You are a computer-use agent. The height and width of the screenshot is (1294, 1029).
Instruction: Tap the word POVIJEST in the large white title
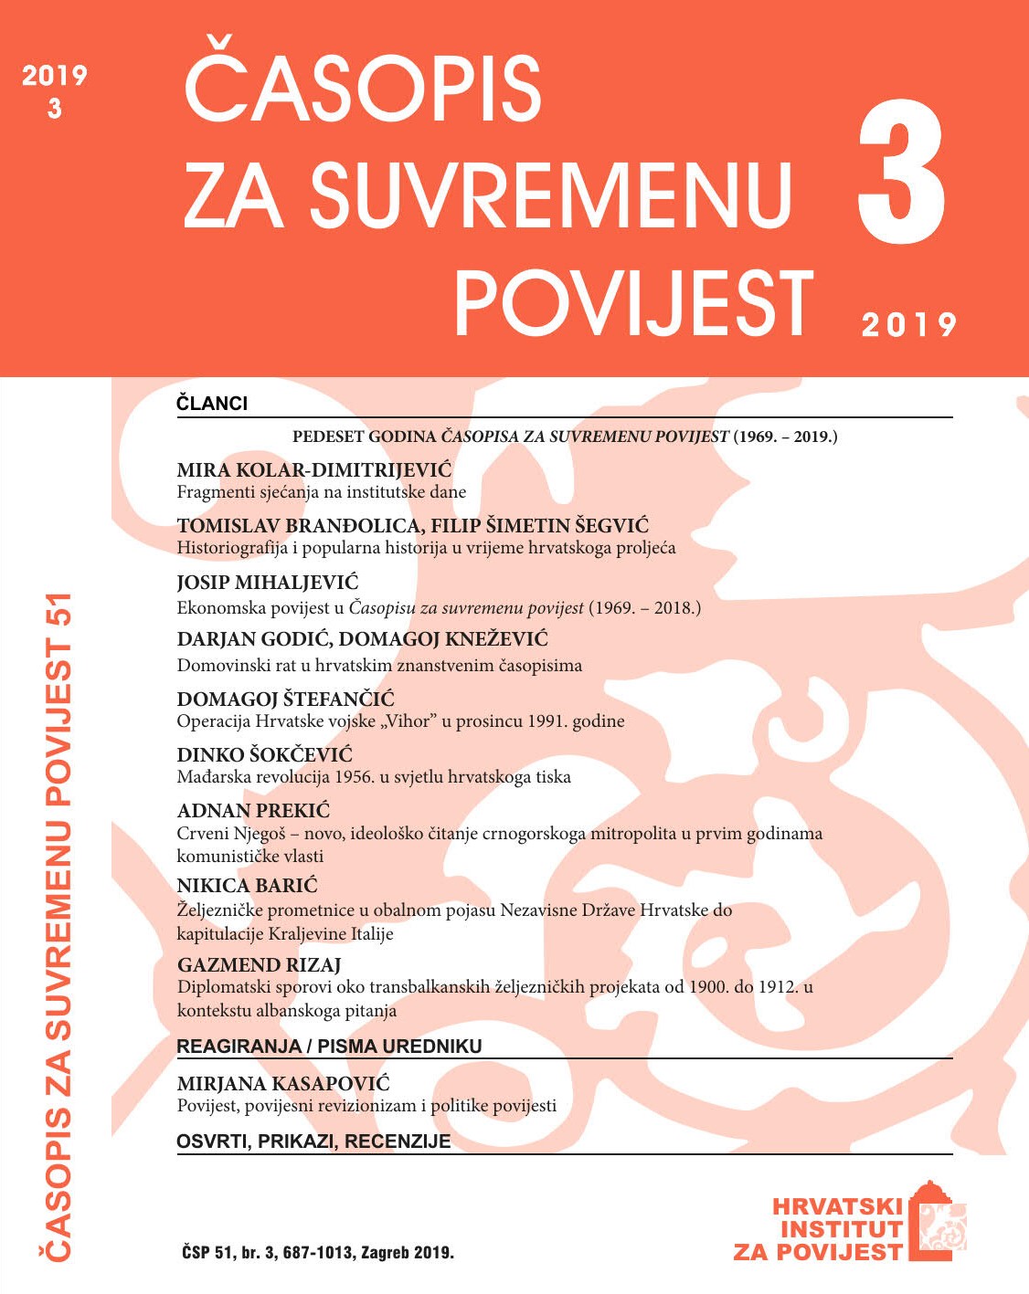(x=633, y=304)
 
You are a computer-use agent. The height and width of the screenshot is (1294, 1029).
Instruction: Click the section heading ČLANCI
(x=212, y=403)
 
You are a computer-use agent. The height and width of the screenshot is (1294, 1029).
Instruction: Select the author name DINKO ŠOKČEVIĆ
(x=264, y=755)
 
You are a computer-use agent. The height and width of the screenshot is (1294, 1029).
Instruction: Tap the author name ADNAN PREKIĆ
(x=253, y=811)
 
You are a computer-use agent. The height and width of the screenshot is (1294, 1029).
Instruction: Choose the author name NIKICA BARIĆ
(x=247, y=886)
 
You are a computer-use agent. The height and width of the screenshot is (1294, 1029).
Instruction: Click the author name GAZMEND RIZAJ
(x=259, y=965)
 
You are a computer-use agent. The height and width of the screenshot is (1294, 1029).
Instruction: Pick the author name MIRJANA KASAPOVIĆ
(x=283, y=1084)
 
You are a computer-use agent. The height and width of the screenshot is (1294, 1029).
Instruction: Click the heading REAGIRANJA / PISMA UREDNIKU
(x=329, y=1047)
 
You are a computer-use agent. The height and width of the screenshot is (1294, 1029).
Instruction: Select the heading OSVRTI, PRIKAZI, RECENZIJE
(x=313, y=1141)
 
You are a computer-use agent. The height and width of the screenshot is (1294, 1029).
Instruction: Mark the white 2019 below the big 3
(x=908, y=324)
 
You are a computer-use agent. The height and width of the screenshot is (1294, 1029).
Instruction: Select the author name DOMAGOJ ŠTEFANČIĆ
(x=285, y=700)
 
